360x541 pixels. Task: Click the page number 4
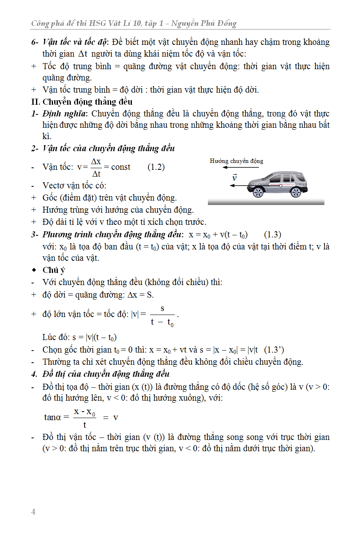click(33, 512)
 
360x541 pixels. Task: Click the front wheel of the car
click(258, 192)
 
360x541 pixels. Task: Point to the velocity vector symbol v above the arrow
click(234, 178)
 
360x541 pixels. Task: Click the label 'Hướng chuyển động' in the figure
click(236, 161)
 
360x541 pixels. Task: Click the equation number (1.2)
click(156, 167)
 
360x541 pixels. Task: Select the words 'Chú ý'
click(53, 270)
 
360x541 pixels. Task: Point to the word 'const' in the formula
click(121, 167)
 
